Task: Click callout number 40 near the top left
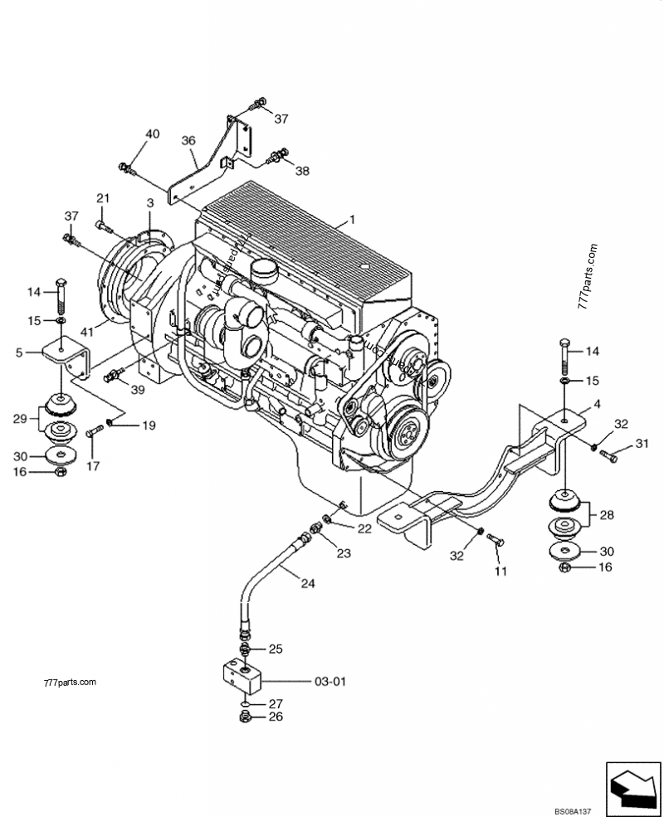[x=152, y=134]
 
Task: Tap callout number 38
[x=302, y=171]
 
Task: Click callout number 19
[x=148, y=426]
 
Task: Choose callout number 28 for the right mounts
[x=607, y=515]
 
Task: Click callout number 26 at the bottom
[x=276, y=717]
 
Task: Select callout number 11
[x=500, y=572]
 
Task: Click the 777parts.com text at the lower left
[x=67, y=683]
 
